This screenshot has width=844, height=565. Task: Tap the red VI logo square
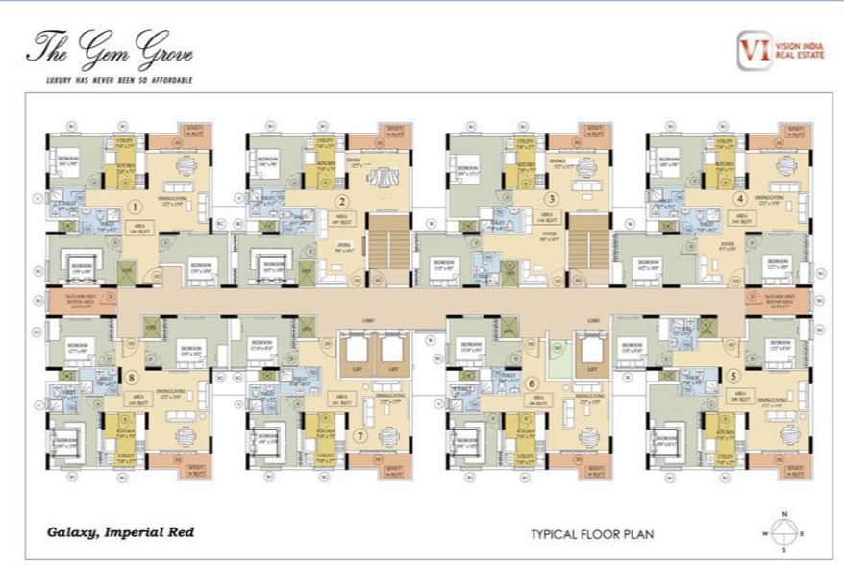[753, 51]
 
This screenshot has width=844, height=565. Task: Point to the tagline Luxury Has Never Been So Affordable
[112, 79]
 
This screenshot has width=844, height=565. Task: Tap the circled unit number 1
[136, 205]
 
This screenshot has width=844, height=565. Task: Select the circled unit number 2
[340, 202]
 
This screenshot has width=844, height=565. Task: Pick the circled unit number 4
[739, 200]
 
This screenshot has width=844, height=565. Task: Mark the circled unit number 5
[734, 377]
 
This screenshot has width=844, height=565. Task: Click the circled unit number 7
[360, 434]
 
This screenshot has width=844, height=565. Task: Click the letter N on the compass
[785, 512]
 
